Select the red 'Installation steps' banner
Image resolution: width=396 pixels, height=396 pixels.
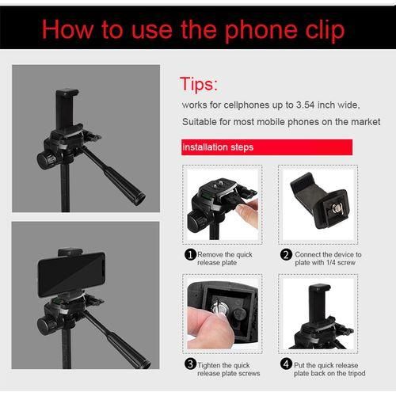218,147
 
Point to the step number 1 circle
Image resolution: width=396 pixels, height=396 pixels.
190,254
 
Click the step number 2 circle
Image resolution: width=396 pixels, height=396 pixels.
286,254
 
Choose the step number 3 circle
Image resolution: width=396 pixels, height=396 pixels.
190,364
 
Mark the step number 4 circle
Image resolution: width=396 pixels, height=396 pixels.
286,364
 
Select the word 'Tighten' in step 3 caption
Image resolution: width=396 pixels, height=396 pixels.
211,364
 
